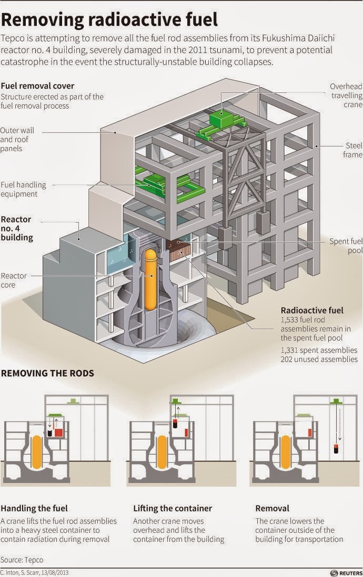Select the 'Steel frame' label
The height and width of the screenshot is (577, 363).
point(354,150)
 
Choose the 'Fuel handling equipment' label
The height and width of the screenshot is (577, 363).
point(23,189)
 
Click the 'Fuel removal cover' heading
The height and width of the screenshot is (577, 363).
point(37,86)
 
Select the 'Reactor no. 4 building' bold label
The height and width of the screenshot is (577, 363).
point(17,228)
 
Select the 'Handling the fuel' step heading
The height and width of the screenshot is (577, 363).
point(34,508)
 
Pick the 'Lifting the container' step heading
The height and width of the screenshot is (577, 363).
point(173,508)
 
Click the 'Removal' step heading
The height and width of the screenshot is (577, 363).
point(272,508)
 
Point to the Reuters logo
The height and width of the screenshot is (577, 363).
point(345,572)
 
